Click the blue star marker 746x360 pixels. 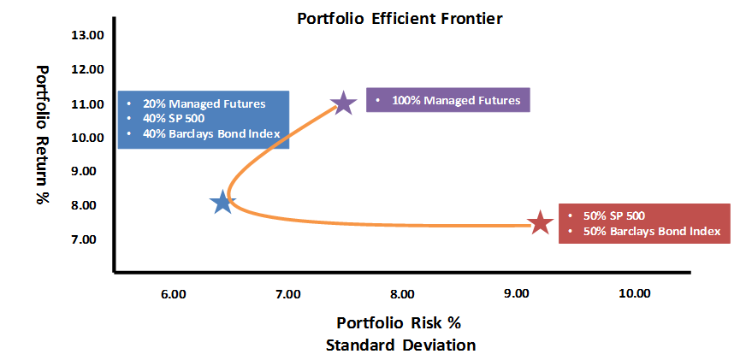point(222,202)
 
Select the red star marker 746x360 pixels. point(541,222)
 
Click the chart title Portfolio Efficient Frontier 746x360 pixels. point(400,19)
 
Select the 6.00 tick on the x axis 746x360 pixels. point(173,294)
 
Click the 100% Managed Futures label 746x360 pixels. point(456,101)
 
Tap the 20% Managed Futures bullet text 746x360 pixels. point(204,103)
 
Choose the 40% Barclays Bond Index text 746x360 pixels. point(211,134)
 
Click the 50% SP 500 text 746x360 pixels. point(613,215)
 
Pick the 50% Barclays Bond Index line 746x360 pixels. point(652,231)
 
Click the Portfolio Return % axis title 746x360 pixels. point(43,134)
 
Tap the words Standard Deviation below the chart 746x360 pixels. point(400,345)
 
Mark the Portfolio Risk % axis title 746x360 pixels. point(399,323)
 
